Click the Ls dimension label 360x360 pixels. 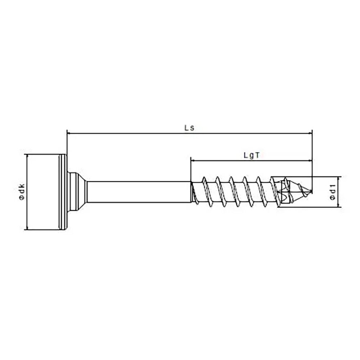pyautogui.click(x=189, y=128)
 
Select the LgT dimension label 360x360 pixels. pyautogui.click(x=252, y=155)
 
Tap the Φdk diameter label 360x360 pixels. pyautogui.click(x=21, y=192)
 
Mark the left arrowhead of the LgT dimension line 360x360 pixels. pyautogui.click(x=193, y=160)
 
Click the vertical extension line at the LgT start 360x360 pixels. pyautogui.click(x=190, y=169)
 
